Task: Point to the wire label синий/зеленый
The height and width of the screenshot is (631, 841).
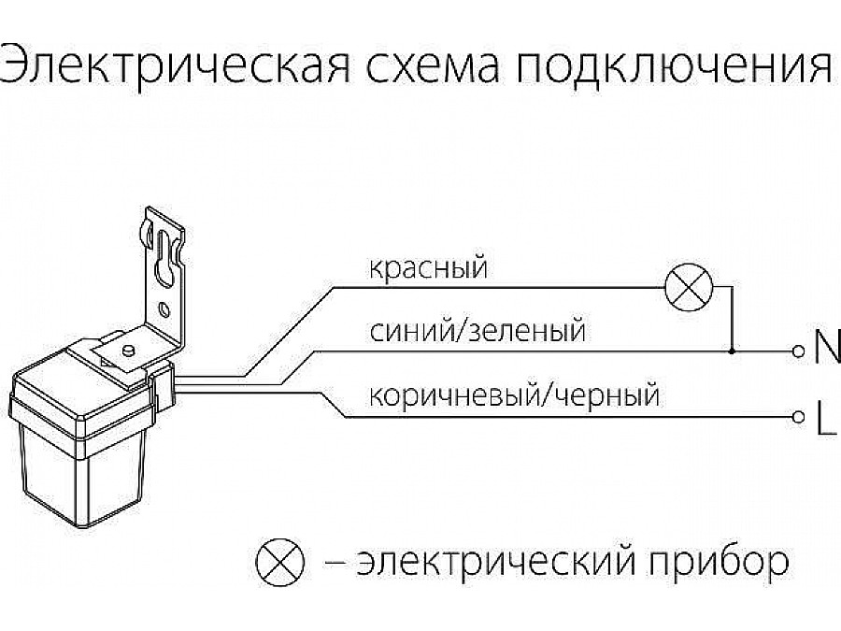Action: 478,331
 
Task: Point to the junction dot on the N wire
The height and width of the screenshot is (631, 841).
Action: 732,351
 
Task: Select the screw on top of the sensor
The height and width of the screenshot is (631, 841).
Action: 127,349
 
